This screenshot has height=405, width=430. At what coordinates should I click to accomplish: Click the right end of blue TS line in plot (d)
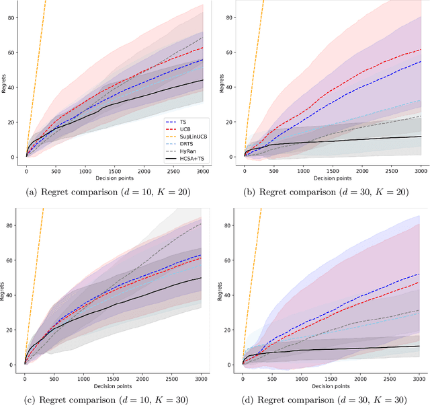419,274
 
